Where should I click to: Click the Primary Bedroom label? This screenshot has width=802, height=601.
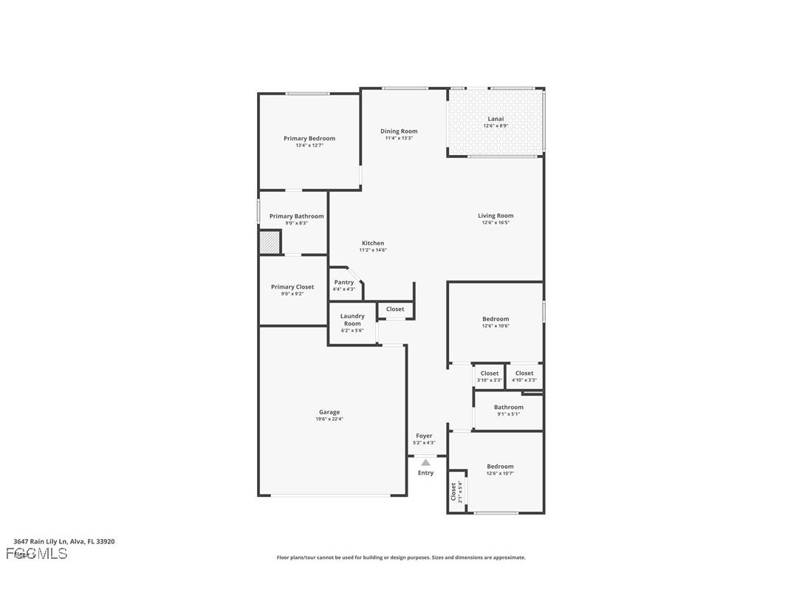tap(309, 139)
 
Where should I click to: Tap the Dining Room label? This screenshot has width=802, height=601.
tap(399, 131)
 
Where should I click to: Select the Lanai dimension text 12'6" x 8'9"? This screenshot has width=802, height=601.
tap(496, 126)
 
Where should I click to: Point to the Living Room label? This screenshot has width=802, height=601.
tap(495, 216)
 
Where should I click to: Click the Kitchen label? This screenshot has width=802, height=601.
tap(372, 243)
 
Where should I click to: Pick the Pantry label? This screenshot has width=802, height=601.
tap(343, 282)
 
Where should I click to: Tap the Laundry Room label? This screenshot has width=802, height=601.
tap(352, 320)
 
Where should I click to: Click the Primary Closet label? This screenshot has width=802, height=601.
tap(292, 286)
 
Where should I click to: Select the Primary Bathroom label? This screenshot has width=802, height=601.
tap(296, 216)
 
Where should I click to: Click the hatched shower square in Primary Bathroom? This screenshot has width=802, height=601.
tap(270, 242)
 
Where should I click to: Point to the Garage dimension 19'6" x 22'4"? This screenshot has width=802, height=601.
tap(329, 419)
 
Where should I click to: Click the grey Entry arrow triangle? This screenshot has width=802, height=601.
tap(425, 462)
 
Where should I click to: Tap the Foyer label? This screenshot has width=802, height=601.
tap(424, 436)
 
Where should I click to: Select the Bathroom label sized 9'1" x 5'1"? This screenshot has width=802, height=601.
tap(508, 407)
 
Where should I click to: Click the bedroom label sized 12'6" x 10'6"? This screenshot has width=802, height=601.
tap(496, 319)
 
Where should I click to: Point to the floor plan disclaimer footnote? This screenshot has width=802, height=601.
tap(401, 557)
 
